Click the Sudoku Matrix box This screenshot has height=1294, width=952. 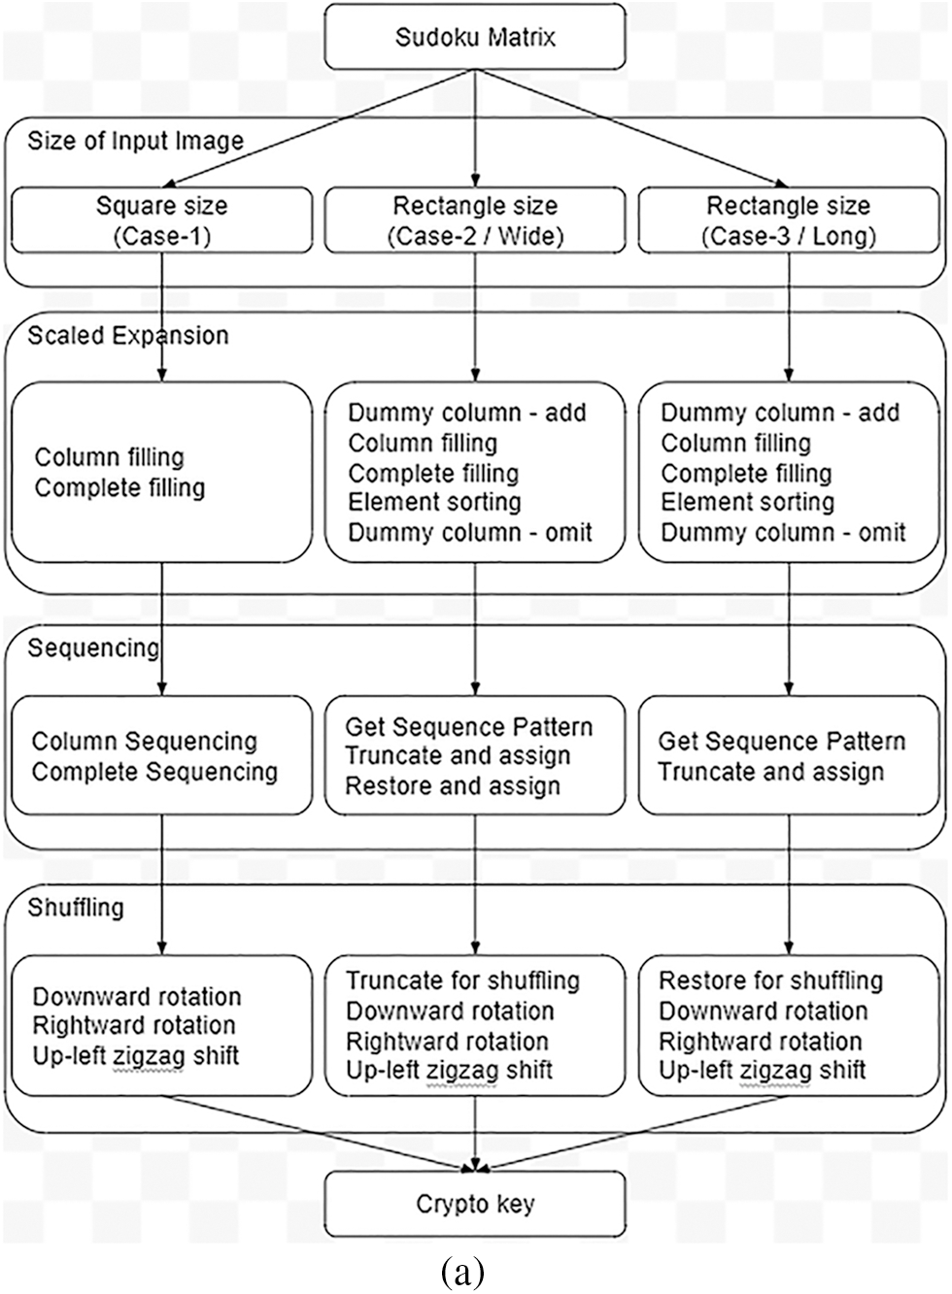(475, 38)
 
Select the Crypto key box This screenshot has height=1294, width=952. (475, 1204)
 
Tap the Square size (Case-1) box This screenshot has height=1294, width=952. (161, 220)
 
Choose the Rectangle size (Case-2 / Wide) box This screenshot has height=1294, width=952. (475, 220)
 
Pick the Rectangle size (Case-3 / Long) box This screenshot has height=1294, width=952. (788, 220)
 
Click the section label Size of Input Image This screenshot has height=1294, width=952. (135, 141)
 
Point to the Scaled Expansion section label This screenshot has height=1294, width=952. (128, 336)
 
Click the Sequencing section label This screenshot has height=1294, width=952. (93, 647)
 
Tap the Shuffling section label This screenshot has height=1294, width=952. (76, 908)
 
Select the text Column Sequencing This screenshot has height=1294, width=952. (145, 742)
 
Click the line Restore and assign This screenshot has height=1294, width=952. (453, 786)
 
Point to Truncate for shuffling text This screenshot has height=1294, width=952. (462, 980)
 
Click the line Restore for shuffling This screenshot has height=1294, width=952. (770, 980)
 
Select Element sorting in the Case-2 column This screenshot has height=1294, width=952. (434, 502)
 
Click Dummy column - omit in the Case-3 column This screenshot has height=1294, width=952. (783, 532)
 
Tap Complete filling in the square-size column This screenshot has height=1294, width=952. (119, 487)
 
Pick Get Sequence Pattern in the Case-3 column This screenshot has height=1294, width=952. (782, 742)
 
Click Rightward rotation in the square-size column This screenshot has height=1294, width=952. (134, 1025)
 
